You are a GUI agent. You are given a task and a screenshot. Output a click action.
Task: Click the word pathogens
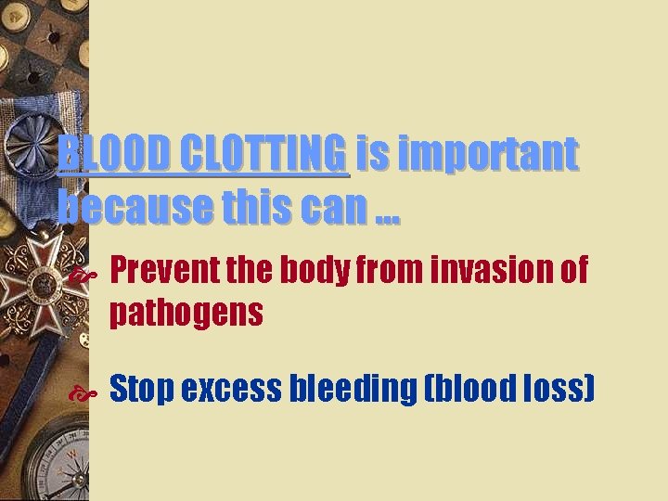tap(186, 314)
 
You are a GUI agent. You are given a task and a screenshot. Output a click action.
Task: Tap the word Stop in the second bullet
tap(142, 390)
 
